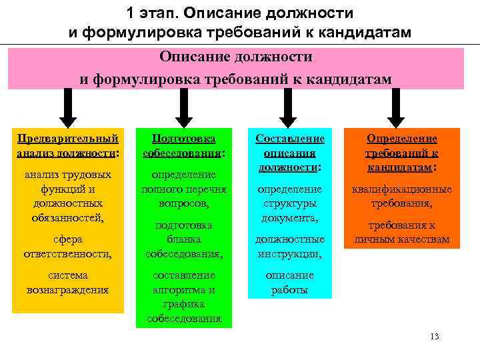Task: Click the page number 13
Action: coord(435,336)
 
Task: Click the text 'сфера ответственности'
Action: coord(67,246)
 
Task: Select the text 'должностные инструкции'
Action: coord(290,246)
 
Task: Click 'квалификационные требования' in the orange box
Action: coord(401,196)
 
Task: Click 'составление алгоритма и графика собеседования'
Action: coord(184,297)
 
